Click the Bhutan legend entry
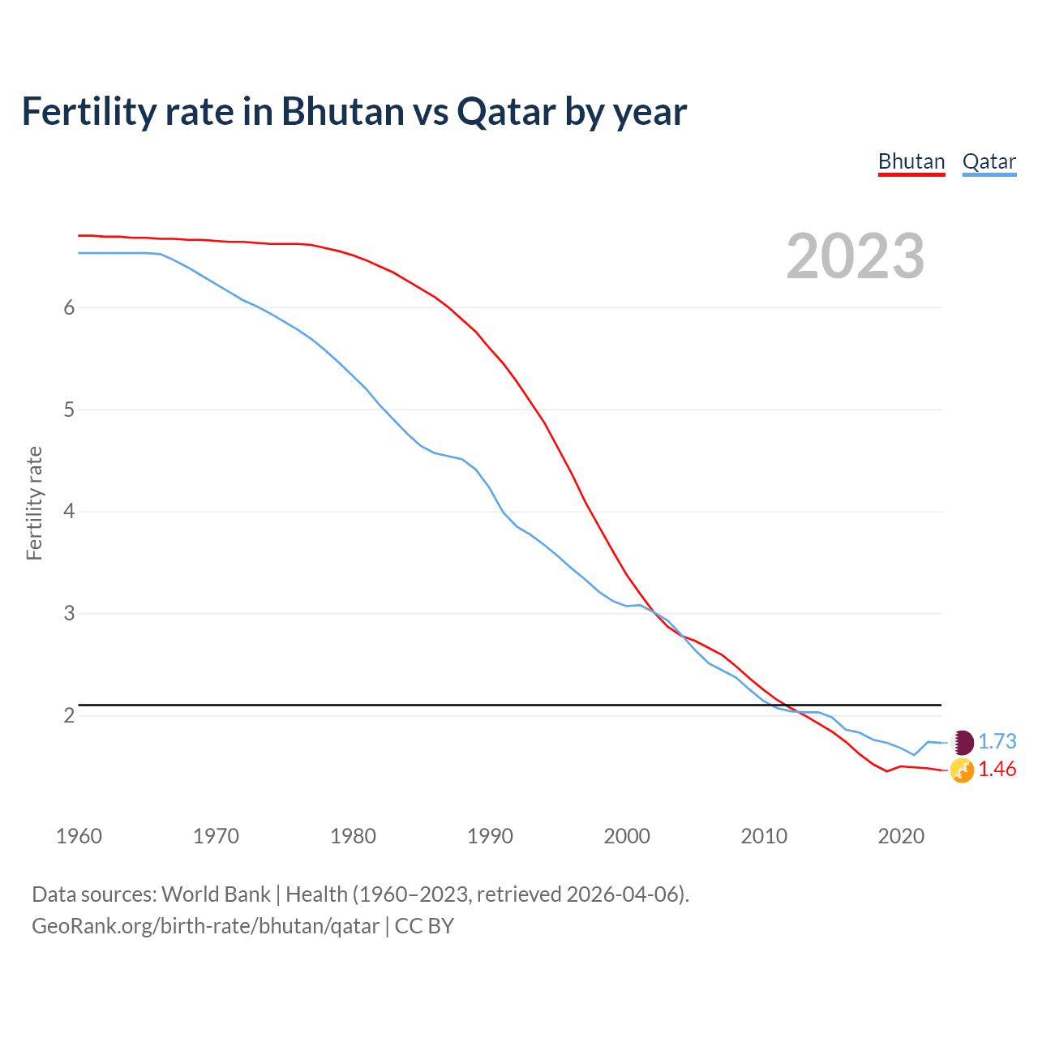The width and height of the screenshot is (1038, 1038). (911, 162)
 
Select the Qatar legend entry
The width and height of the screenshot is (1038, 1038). (989, 162)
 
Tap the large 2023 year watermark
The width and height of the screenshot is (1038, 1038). (855, 256)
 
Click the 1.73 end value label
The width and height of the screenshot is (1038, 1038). (997, 741)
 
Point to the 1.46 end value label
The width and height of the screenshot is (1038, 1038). (997, 769)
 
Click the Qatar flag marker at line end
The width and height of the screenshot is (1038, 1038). (962, 742)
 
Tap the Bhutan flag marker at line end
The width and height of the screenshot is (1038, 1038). (962, 770)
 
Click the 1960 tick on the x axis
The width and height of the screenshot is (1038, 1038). (79, 836)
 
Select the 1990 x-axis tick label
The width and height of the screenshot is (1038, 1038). (490, 836)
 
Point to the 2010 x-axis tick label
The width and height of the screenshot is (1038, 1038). (764, 836)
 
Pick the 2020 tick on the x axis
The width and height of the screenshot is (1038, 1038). (901, 836)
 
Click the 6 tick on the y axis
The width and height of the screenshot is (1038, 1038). (69, 308)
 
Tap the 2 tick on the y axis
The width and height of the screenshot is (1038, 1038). (69, 715)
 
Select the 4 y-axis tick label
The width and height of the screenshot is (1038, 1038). (69, 512)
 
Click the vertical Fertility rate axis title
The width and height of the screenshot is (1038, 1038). (34, 503)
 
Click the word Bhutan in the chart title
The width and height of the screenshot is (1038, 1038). (342, 112)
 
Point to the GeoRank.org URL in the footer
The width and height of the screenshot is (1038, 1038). (205, 926)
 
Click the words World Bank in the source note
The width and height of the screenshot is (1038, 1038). (216, 894)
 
